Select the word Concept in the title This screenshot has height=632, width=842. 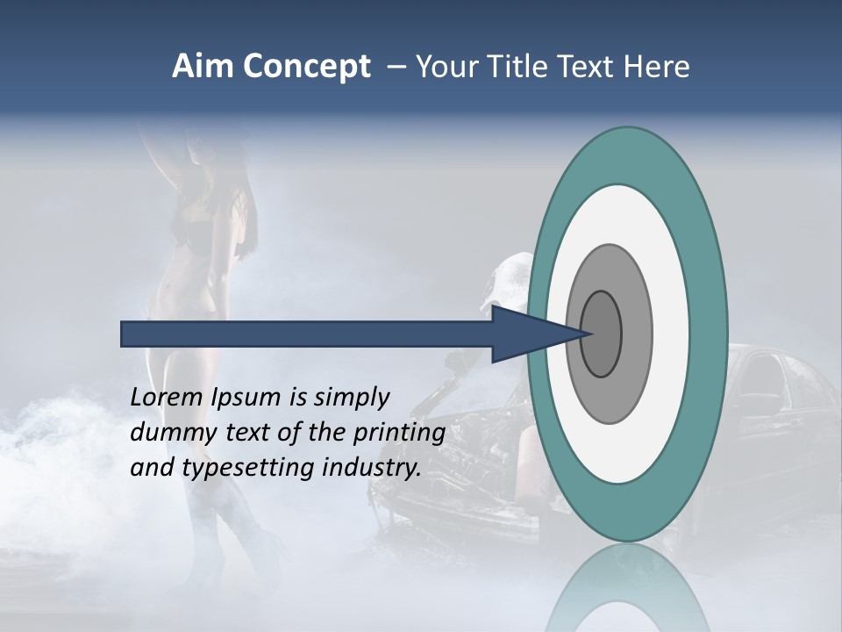tap(303, 68)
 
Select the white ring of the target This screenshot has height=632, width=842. tap(675, 334)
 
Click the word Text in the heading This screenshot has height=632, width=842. tap(589, 67)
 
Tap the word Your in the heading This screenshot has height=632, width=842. tap(449, 67)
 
